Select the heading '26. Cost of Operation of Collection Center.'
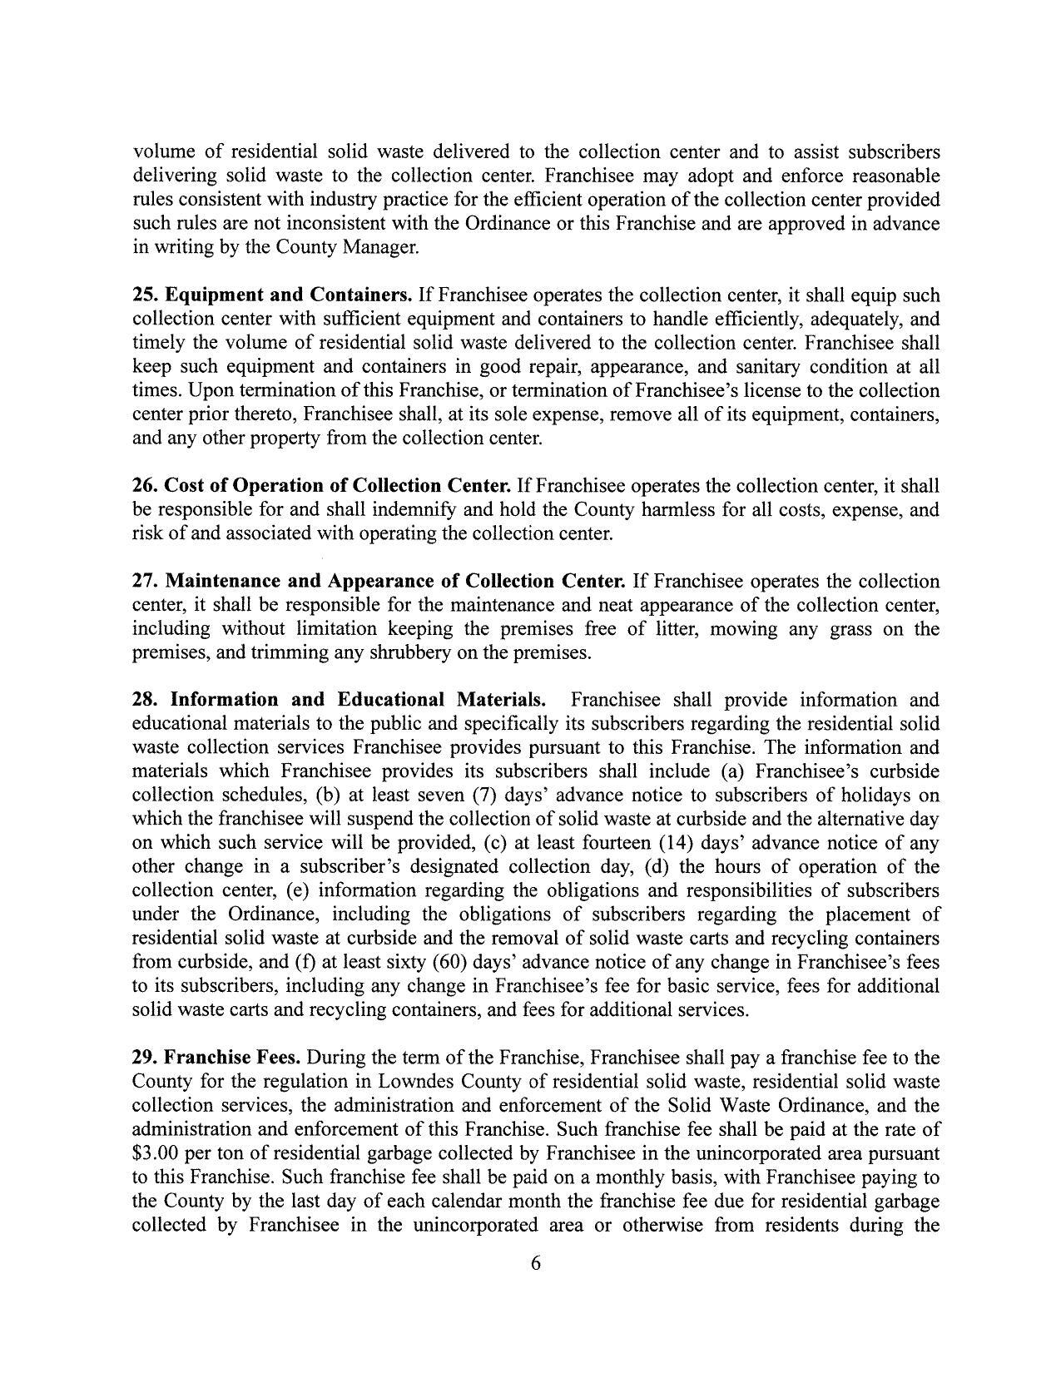[x=322, y=485]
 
